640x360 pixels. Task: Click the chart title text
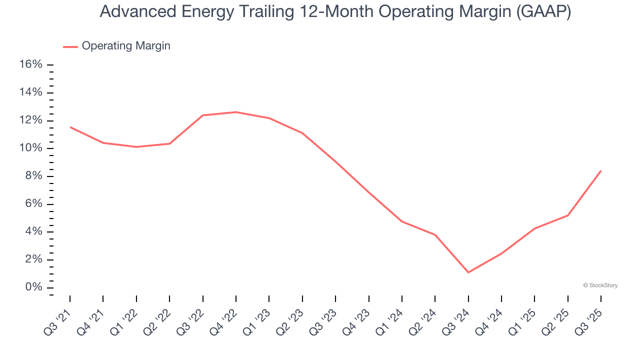click(335, 11)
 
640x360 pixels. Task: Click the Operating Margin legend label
click(126, 46)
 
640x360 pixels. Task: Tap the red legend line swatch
click(70, 46)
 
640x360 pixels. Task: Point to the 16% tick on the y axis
click(50, 65)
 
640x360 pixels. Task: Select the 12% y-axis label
click(30, 120)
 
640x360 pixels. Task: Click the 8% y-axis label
click(33, 176)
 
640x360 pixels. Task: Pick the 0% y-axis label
click(33, 287)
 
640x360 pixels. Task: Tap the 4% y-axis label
click(33, 232)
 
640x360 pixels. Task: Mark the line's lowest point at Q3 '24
click(468, 272)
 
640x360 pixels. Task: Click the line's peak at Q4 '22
click(236, 112)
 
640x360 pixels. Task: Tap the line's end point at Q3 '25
click(600, 171)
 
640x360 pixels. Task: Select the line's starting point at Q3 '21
click(70, 127)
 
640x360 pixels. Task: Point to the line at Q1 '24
click(402, 221)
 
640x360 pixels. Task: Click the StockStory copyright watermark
click(600, 285)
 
